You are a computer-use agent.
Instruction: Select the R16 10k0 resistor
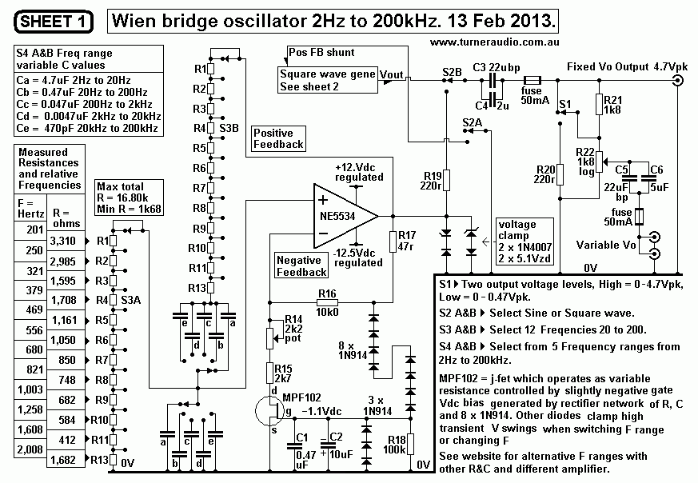(326, 303)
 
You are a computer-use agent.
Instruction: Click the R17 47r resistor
(391, 241)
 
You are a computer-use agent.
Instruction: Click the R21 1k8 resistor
(597, 104)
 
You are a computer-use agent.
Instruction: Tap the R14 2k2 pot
(269, 339)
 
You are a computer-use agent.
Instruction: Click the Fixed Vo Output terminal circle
(678, 81)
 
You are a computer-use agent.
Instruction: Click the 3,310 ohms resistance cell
(62, 240)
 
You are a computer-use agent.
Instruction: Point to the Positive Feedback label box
(278, 138)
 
